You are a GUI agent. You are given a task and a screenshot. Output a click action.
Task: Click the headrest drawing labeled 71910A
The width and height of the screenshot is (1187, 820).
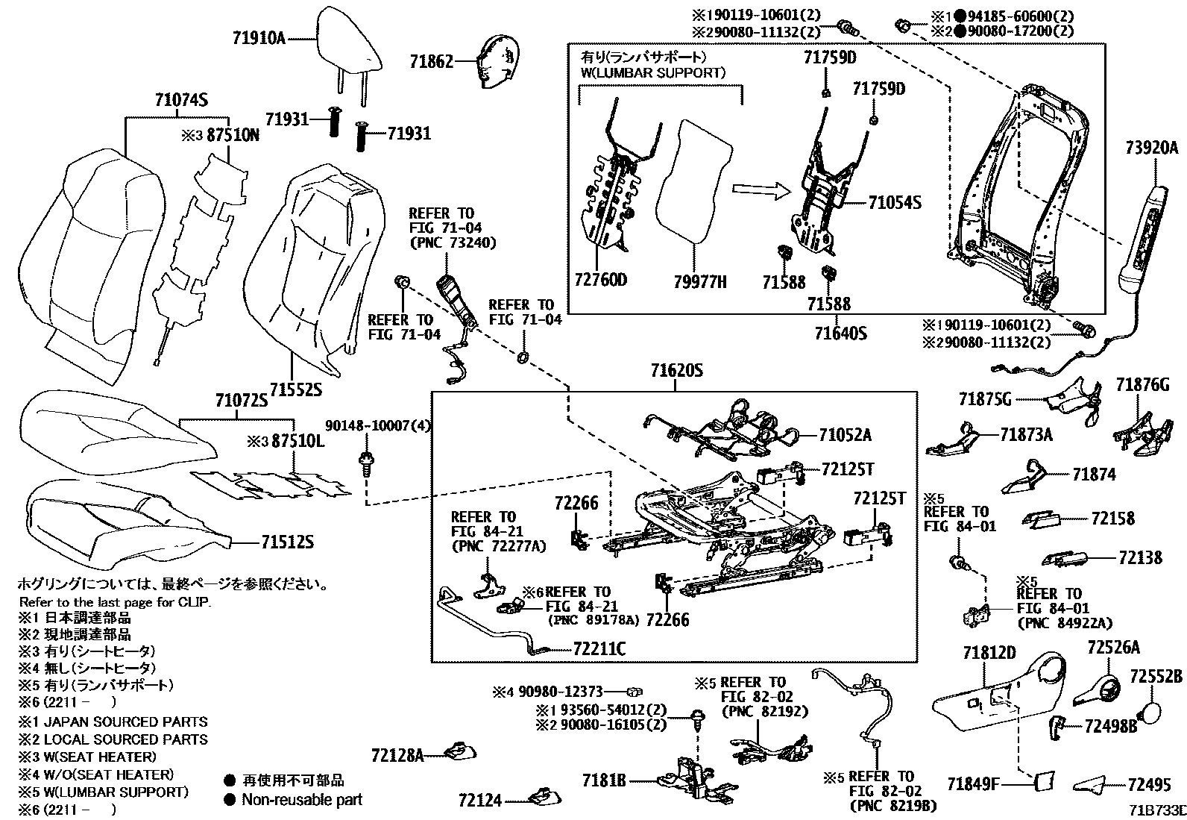[348, 41]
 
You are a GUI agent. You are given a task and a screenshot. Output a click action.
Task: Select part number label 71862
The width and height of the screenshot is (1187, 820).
[431, 62]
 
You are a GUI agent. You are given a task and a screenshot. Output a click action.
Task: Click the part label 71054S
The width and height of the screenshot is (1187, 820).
[895, 202]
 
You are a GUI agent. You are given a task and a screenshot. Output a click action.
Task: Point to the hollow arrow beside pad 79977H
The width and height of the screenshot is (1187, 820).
[759, 192]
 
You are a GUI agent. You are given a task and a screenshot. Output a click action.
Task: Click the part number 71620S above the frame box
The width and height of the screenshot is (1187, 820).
[676, 372]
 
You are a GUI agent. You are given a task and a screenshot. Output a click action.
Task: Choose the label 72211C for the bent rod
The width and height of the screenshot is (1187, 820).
[599, 649]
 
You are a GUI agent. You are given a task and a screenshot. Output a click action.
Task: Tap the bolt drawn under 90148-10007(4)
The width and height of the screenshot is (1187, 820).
[366, 464]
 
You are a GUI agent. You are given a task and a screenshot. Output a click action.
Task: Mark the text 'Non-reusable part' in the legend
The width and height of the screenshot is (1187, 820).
[302, 800]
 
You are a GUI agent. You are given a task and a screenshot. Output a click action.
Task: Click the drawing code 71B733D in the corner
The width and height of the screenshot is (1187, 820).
[1156, 810]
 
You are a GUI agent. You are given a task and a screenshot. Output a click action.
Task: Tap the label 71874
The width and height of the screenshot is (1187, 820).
[1094, 475]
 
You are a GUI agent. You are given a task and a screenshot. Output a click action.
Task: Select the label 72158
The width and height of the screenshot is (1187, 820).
[1112, 518]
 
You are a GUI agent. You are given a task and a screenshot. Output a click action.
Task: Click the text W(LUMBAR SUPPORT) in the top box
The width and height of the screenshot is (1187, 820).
[652, 73]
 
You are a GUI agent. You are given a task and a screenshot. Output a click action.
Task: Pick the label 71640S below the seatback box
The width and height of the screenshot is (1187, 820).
[840, 333]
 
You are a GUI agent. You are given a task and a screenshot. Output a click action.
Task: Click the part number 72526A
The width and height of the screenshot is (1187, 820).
[1113, 648]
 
